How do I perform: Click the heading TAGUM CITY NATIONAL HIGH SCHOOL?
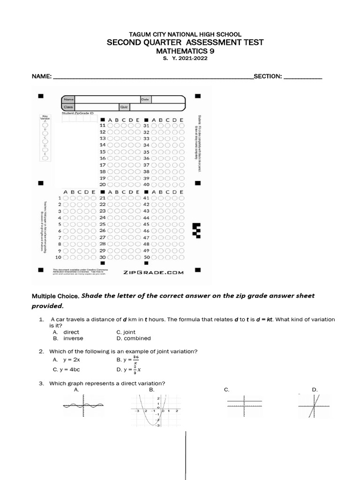pos(185,34)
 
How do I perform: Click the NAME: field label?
pos(41,76)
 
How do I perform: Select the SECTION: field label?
pos(267,76)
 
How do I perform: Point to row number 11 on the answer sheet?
pos(103,126)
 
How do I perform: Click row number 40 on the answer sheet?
pos(146,185)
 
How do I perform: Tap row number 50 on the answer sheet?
pos(146,257)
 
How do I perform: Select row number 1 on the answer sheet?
pos(60,198)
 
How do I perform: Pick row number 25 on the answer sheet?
pos(103,225)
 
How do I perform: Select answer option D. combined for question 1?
pos(134,338)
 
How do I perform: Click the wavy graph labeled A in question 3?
pos(83,405)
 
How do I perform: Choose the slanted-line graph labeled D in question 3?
pos(315,405)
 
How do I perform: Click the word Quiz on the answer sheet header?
pos(124,107)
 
